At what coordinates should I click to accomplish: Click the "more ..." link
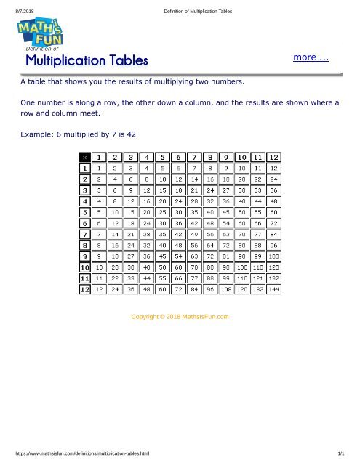tap(311, 57)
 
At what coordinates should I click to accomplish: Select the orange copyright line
tap(180, 317)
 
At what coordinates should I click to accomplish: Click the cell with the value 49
tap(193, 235)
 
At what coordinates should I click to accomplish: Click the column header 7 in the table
tap(193, 158)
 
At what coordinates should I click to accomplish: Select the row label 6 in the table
tap(85, 224)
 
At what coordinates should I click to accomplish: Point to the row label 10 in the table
tap(85, 267)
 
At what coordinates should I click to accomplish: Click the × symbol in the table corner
tap(85, 158)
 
